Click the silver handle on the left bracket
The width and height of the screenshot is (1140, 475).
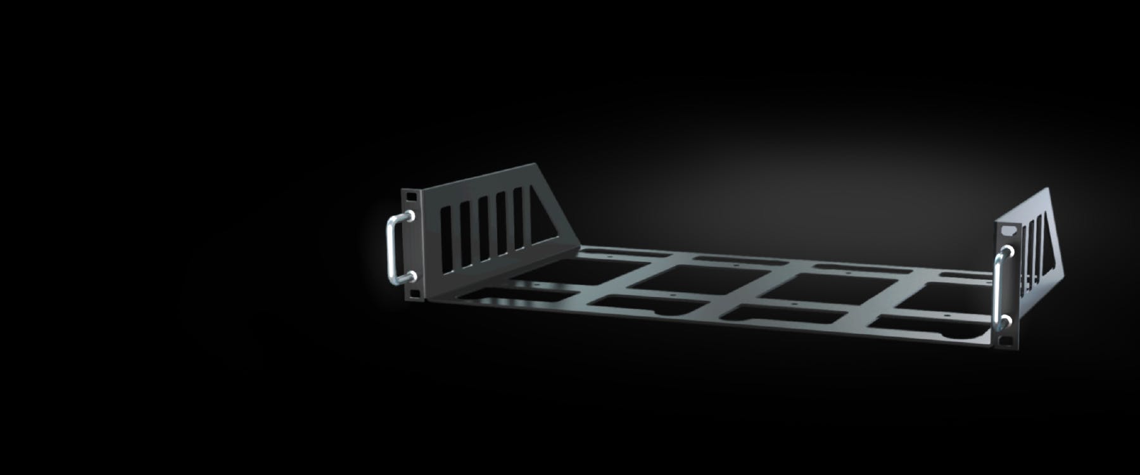coord(391,247)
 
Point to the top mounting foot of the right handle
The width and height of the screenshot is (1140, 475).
coord(1007,253)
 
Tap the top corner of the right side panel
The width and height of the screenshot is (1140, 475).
coord(1048,189)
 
